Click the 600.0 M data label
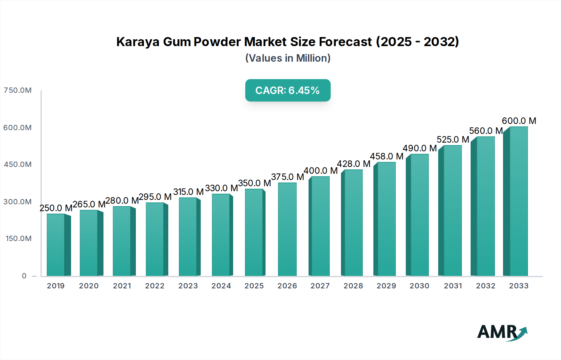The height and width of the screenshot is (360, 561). click(519, 121)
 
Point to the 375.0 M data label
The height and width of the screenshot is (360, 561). click(287, 177)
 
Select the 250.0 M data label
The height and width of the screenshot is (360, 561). click(56, 208)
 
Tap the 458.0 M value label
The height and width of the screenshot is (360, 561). click(386, 156)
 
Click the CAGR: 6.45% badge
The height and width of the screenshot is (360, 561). click(288, 90)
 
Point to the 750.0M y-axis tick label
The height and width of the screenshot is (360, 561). click(17, 90)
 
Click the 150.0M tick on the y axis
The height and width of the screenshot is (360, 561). click(18, 239)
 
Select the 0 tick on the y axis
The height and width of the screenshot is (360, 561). click(24, 276)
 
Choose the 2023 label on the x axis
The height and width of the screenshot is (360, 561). click(188, 286)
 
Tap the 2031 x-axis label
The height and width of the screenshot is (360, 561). click(453, 286)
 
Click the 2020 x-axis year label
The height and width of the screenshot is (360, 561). click(89, 286)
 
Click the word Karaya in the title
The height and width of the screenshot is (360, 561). click(138, 42)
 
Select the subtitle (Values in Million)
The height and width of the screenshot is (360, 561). click(288, 58)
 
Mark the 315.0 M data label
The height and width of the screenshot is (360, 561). click(188, 192)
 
